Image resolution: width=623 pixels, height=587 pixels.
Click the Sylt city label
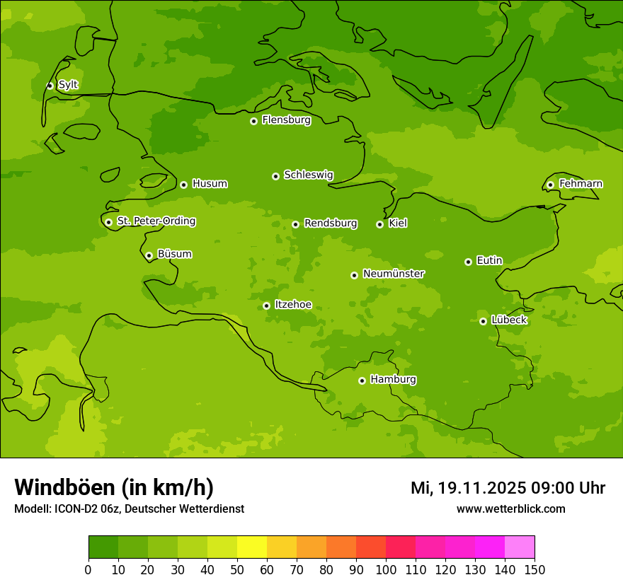click(x=68, y=85)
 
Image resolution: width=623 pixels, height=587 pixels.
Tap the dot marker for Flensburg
click(x=253, y=121)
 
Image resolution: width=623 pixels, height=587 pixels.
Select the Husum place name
click(x=210, y=184)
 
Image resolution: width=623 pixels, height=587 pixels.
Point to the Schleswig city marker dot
click(x=275, y=176)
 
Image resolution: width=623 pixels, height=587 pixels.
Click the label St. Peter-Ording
click(x=156, y=221)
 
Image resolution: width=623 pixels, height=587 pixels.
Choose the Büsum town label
click(x=174, y=254)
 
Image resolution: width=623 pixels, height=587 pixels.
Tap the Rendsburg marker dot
click(x=295, y=224)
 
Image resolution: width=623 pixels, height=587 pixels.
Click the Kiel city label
click(x=398, y=223)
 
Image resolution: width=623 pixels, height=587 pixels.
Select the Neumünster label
click(x=394, y=274)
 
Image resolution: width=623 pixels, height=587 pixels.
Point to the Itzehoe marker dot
click(x=266, y=306)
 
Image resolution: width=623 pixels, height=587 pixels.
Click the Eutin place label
click(x=489, y=261)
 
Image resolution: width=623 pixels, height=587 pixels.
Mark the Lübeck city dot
click(x=483, y=321)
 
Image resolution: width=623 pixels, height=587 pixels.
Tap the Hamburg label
click(x=393, y=380)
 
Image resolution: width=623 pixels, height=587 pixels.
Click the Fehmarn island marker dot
click(x=550, y=185)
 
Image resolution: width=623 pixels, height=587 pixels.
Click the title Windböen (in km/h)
click(x=114, y=487)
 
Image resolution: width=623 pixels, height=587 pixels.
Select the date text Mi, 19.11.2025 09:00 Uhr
click(x=508, y=488)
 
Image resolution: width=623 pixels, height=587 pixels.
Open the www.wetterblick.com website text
click(x=510, y=509)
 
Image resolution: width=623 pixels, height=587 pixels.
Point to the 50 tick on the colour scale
click(x=237, y=569)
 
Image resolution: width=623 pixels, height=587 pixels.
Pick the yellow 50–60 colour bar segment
click(x=252, y=547)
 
